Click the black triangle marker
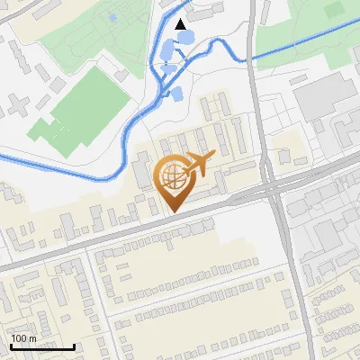pos(182,24)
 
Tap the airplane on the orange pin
pos(199,164)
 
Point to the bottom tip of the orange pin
pos(172,212)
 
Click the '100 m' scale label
pos(23,337)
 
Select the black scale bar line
pos(42,346)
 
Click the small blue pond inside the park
pos(111,17)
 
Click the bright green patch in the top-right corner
pos(335,10)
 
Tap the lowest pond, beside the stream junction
pos(176,92)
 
